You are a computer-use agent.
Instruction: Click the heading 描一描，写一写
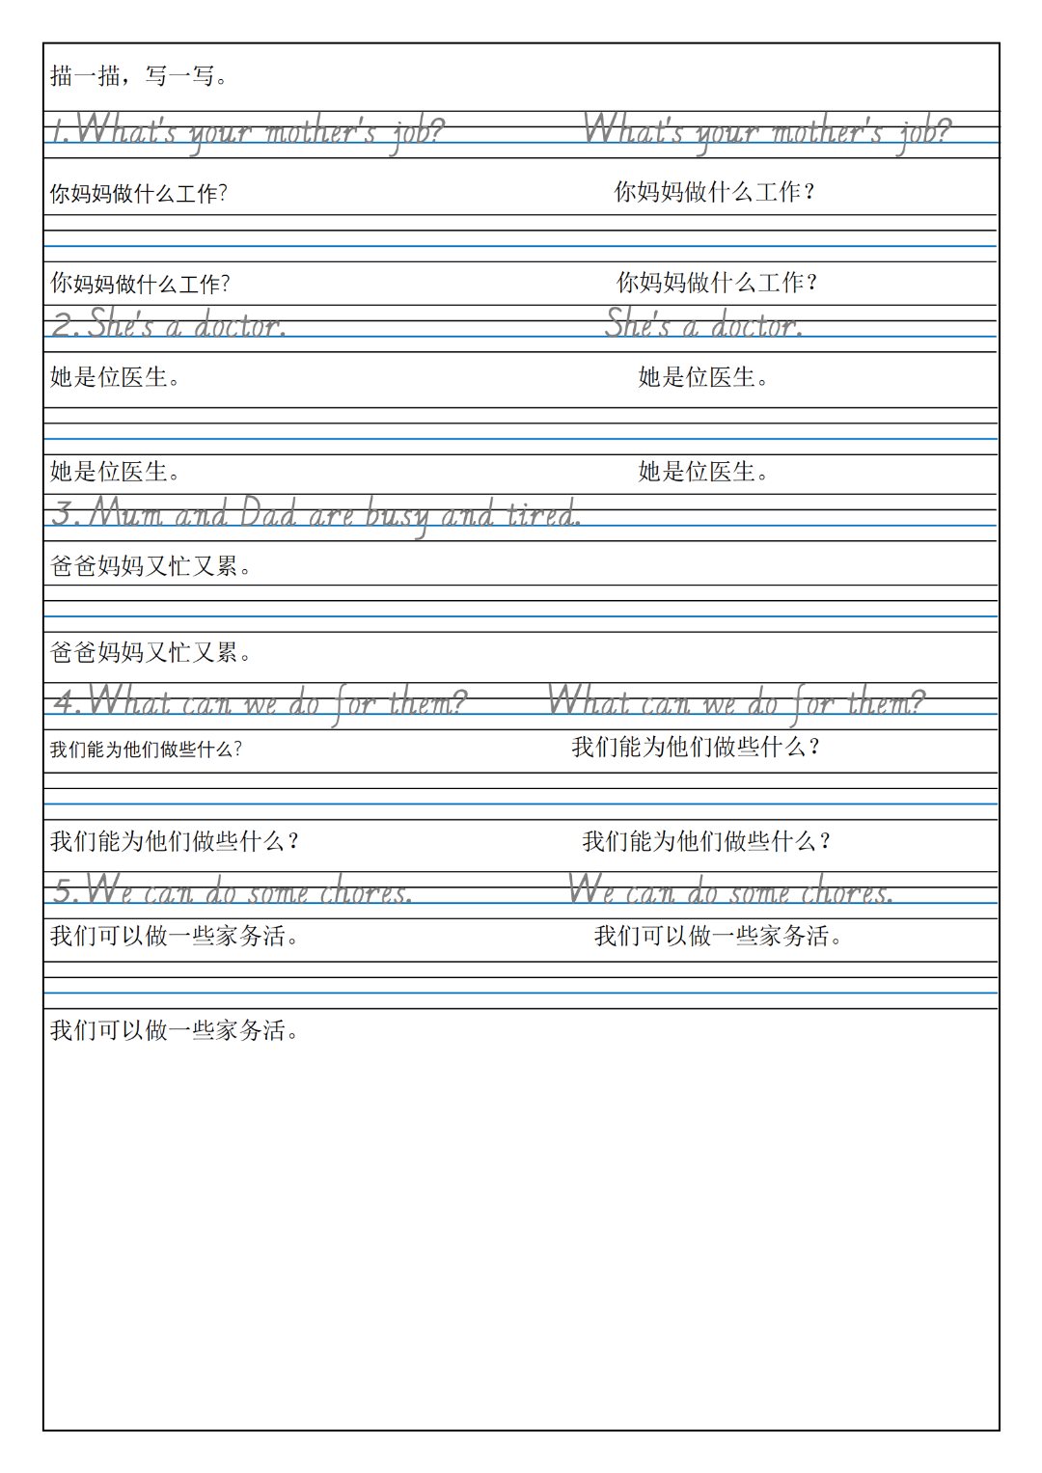139,75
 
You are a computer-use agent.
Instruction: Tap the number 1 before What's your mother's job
58,130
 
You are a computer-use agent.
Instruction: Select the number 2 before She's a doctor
64,325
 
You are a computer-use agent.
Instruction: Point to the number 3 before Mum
65,513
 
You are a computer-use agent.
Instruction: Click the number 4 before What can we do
65,701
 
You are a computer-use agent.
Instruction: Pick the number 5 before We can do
64,890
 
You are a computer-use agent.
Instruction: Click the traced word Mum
126,513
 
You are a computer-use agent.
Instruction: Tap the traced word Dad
267,513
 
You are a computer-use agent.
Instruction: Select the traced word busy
397,516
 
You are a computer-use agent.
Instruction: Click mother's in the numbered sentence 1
319,132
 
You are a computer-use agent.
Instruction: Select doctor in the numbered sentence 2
239,326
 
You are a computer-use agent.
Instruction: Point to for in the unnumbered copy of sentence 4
813,703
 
